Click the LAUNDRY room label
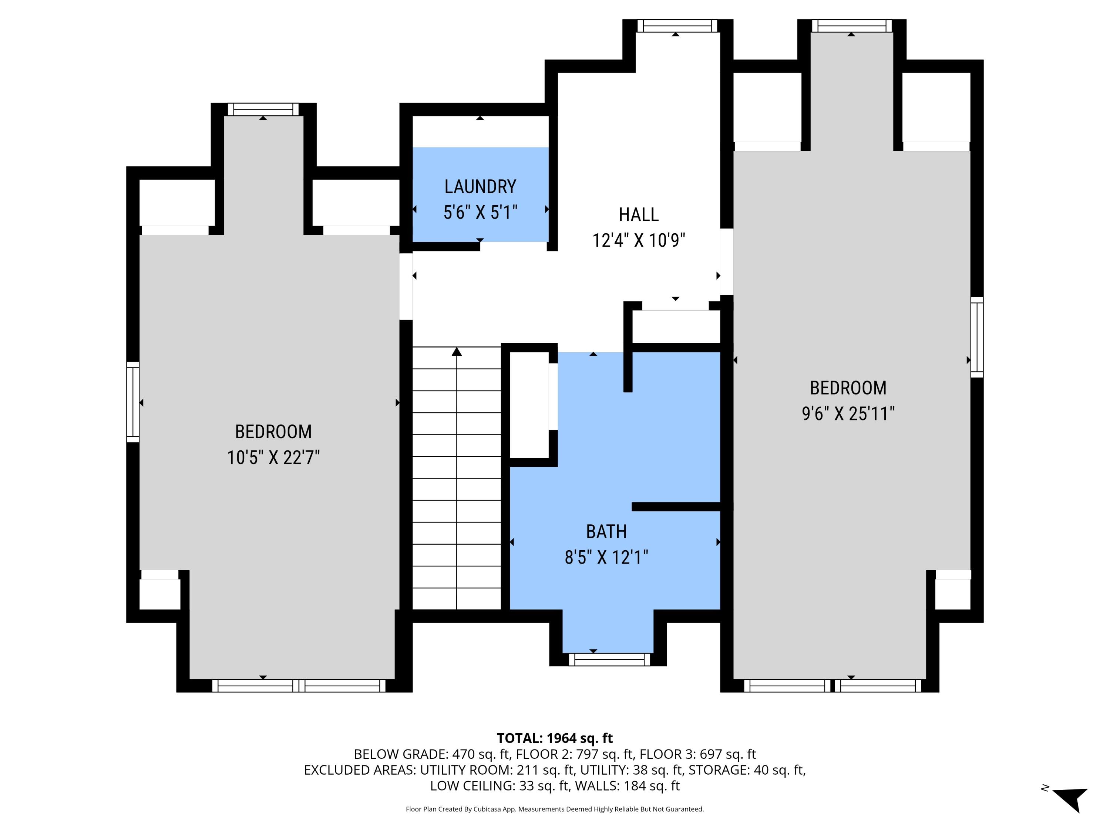coord(480,187)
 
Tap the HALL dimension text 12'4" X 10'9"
coord(638,240)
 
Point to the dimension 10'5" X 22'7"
coord(273,457)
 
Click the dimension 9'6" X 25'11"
coord(848,414)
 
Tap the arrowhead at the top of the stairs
coord(456,352)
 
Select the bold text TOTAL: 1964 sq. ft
coord(555,738)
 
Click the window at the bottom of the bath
coord(609,659)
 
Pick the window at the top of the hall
coord(677,26)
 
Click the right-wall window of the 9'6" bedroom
coord(976,337)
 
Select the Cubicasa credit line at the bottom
coord(555,809)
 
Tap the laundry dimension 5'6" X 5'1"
coord(480,213)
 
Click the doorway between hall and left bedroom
coord(406,286)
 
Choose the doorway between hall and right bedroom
coord(727,261)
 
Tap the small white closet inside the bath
coord(529,405)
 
